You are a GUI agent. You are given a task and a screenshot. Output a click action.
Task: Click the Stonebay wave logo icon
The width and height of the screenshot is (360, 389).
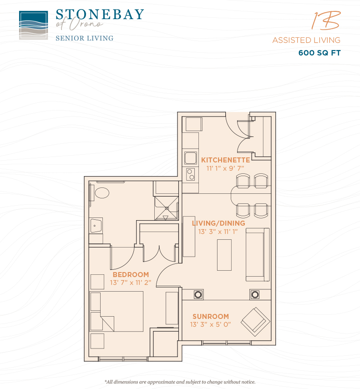click(x=34, y=25)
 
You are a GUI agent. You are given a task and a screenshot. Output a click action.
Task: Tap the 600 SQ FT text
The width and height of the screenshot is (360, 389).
click(x=319, y=53)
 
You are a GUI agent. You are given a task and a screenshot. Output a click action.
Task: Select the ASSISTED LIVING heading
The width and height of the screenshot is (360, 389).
click(x=306, y=40)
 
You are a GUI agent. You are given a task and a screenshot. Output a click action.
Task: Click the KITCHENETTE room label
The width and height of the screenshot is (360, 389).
click(x=226, y=160)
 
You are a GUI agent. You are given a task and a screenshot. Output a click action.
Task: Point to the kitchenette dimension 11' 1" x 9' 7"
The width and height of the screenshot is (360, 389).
click(x=225, y=168)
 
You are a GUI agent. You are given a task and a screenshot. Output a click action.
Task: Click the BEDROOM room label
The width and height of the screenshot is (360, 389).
click(x=131, y=275)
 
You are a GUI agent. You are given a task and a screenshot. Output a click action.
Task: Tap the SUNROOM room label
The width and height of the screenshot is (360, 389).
click(x=211, y=317)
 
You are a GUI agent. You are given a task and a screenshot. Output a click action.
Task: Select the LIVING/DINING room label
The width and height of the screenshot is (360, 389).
click(x=218, y=223)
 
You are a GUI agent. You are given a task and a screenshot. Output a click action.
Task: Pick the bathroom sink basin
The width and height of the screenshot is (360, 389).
click(x=96, y=225)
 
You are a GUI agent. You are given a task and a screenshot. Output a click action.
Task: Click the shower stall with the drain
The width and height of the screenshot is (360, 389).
click(x=167, y=208)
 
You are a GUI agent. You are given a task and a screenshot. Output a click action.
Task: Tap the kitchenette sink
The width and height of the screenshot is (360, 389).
click(x=191, y=158)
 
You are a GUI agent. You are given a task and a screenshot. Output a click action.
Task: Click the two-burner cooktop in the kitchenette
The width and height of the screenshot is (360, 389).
click(x=191, y=174)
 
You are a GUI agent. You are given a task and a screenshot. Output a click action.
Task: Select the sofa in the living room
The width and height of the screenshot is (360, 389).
click(x=258, y=254)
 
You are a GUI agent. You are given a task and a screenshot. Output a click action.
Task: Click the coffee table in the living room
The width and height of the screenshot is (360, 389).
click(x=224, y=255)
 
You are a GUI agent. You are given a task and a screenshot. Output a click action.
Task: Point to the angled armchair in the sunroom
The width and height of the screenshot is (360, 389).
click(x=255, y=322)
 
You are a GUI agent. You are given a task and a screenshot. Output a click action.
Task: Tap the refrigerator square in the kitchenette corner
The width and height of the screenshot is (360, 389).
click(x=194, y=124)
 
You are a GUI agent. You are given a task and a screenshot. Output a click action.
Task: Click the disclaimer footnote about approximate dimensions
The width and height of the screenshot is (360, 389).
click(x=180, y=382)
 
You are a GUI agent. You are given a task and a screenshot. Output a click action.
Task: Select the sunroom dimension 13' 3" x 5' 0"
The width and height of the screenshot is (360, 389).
click(x=210, y=324)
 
